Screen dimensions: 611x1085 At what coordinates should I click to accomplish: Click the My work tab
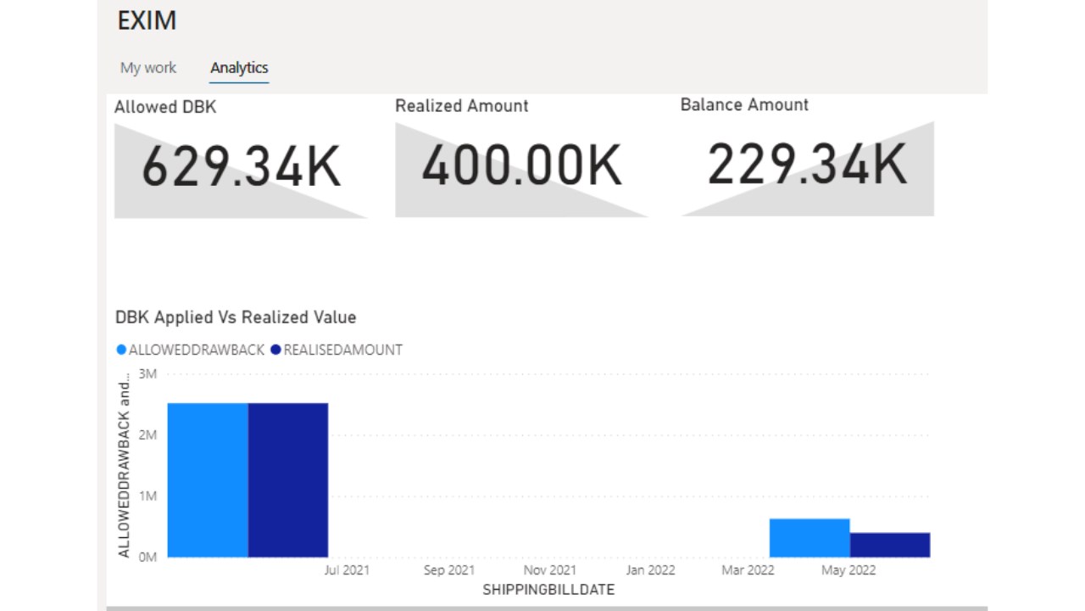(148, 68)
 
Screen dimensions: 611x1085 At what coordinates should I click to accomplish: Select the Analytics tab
(239, 68)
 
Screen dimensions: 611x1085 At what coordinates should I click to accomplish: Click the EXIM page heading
(147, 21)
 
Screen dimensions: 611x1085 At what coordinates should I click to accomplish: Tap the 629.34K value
(241, 166)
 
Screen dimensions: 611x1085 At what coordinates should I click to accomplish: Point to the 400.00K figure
(521, 165)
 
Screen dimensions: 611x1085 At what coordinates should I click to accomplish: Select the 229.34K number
(807, 164)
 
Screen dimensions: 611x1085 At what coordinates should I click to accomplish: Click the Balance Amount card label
(744, 105)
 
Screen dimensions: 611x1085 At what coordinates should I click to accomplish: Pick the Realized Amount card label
(461, 106)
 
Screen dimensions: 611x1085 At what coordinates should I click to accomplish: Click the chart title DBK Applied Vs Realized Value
(236, 317)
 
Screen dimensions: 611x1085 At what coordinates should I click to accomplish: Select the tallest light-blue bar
(208, 479)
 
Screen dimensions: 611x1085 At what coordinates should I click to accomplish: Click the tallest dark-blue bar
(288, 479)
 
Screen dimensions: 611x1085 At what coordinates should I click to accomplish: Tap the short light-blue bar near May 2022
(810, 538)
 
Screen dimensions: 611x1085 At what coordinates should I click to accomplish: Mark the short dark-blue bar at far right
(890, 545)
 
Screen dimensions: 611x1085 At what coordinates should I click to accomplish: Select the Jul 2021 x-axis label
(347, 570)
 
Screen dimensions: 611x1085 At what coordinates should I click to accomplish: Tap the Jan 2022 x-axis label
(650, 570)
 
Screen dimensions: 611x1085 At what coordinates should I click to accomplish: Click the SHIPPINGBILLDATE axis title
(548, 589)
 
